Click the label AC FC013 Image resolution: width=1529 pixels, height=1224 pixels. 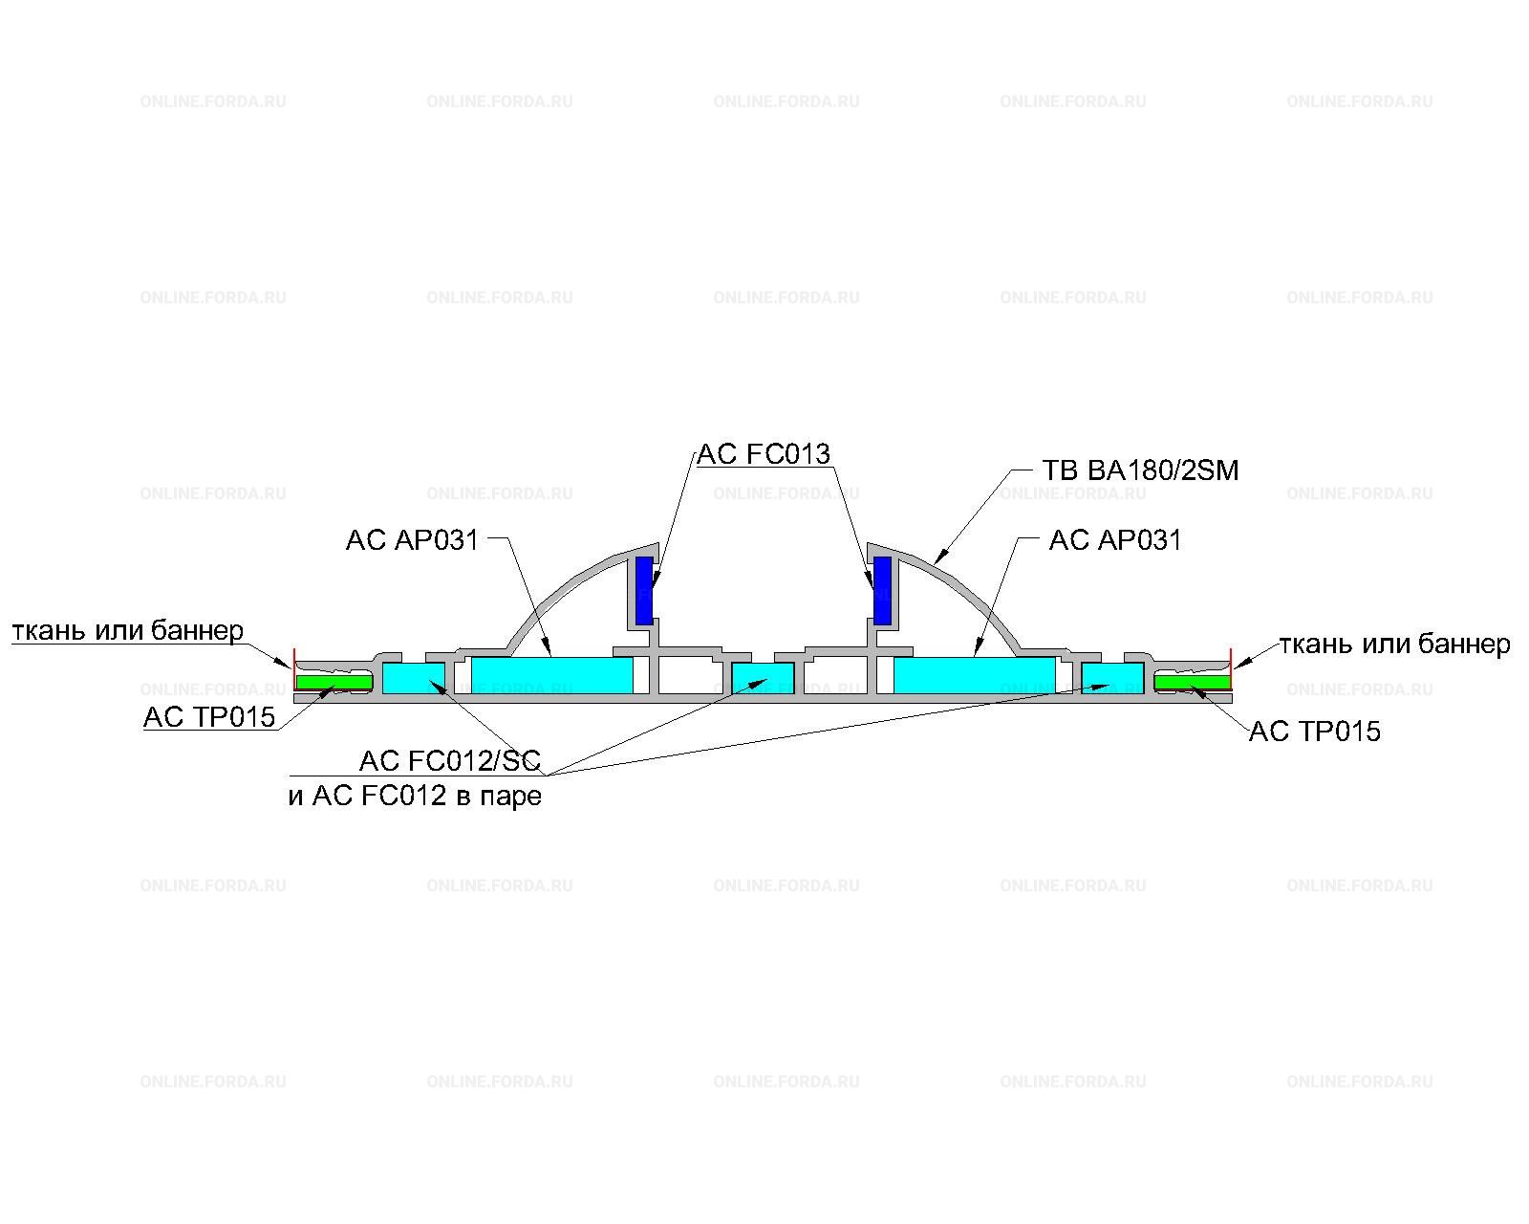coord(764,454)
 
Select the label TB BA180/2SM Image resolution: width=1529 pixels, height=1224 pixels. coord(1140,470)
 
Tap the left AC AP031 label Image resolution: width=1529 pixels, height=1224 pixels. coord(412,540)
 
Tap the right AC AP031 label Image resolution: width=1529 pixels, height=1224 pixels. coord(1115,540)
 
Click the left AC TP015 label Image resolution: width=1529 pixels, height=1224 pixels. coord(209,717)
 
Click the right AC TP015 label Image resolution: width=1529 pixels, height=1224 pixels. coord(1314,732)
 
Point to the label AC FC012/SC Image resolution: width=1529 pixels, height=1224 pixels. coord(450,761)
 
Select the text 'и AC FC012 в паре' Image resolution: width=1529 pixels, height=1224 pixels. coord(415,796)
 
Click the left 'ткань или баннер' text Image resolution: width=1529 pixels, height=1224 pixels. coord(128,631)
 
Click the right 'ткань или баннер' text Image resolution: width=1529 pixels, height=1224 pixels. coord(1394,645)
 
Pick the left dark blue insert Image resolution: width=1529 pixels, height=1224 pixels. coord(644,591)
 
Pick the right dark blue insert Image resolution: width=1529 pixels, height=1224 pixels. coord(882,591)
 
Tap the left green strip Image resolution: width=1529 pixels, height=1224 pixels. coord(334,683)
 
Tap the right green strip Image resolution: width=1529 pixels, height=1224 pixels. coord(1192,683)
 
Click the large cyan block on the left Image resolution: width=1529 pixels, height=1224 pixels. coord(552,675)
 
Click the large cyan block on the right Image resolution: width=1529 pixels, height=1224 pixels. coord(974,675)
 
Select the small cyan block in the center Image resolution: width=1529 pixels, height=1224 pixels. coord(764,678)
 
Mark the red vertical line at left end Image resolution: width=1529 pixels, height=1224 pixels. coord(293,668)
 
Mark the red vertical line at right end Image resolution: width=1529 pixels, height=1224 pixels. coord(1231,668)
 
